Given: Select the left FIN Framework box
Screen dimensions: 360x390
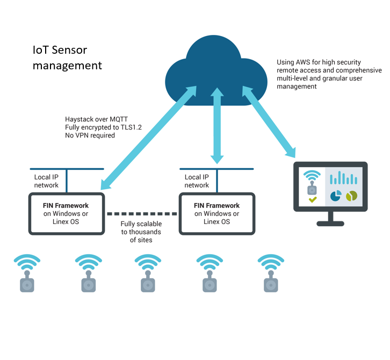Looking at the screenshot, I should click(66, 213).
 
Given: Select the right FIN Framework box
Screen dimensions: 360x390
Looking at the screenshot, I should click(217, 213).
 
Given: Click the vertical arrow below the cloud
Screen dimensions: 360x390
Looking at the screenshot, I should click(217, 127).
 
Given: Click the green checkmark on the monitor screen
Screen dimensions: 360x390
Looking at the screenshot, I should click(313, 200).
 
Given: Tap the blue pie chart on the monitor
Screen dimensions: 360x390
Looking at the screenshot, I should click(336, 197).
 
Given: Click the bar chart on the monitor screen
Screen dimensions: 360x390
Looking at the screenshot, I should click(344, 178).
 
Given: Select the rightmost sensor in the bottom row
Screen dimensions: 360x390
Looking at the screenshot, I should click(271, 274).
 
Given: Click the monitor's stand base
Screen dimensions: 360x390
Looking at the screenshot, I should click(330, 224).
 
